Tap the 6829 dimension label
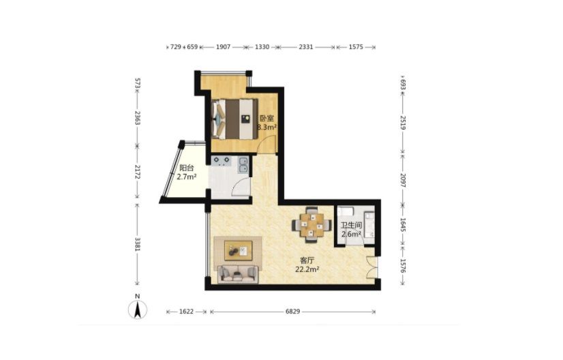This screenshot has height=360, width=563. [292, 312]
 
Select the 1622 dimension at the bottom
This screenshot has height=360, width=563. [186, 312]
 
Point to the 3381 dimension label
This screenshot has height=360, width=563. [137, 244]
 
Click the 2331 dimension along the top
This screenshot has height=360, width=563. [306, 47]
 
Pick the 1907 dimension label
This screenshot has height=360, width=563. [223, 47]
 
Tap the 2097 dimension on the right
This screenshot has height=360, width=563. [403, 181]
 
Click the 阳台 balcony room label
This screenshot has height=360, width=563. [186, 168]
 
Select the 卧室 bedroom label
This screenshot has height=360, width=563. [267, 118]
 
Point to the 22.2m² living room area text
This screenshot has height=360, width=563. [307, 269]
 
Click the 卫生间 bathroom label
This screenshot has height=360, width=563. [351, 225]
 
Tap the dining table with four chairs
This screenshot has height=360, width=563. [311, 225]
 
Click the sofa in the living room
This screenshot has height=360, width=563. [238, 274]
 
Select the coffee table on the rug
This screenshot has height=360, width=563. [238, 250]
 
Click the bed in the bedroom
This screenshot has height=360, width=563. [235, 119]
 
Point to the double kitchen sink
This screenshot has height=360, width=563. [243, 165]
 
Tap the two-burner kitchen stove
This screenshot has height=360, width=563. [221, 161]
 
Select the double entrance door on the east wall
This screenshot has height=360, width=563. [372, 267]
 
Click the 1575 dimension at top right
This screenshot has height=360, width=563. [356, 47]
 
